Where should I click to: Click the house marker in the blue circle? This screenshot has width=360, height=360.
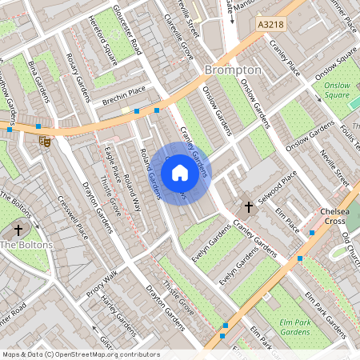tap(180, 173)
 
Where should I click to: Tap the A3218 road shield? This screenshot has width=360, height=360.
tap(270, 26)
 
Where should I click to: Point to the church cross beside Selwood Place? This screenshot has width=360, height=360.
tap(248, 207)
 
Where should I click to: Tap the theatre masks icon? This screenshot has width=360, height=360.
tap(46, 141)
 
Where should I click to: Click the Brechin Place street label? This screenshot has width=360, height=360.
tap(125, 95)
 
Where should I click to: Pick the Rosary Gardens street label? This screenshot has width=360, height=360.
tap(76, 73)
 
